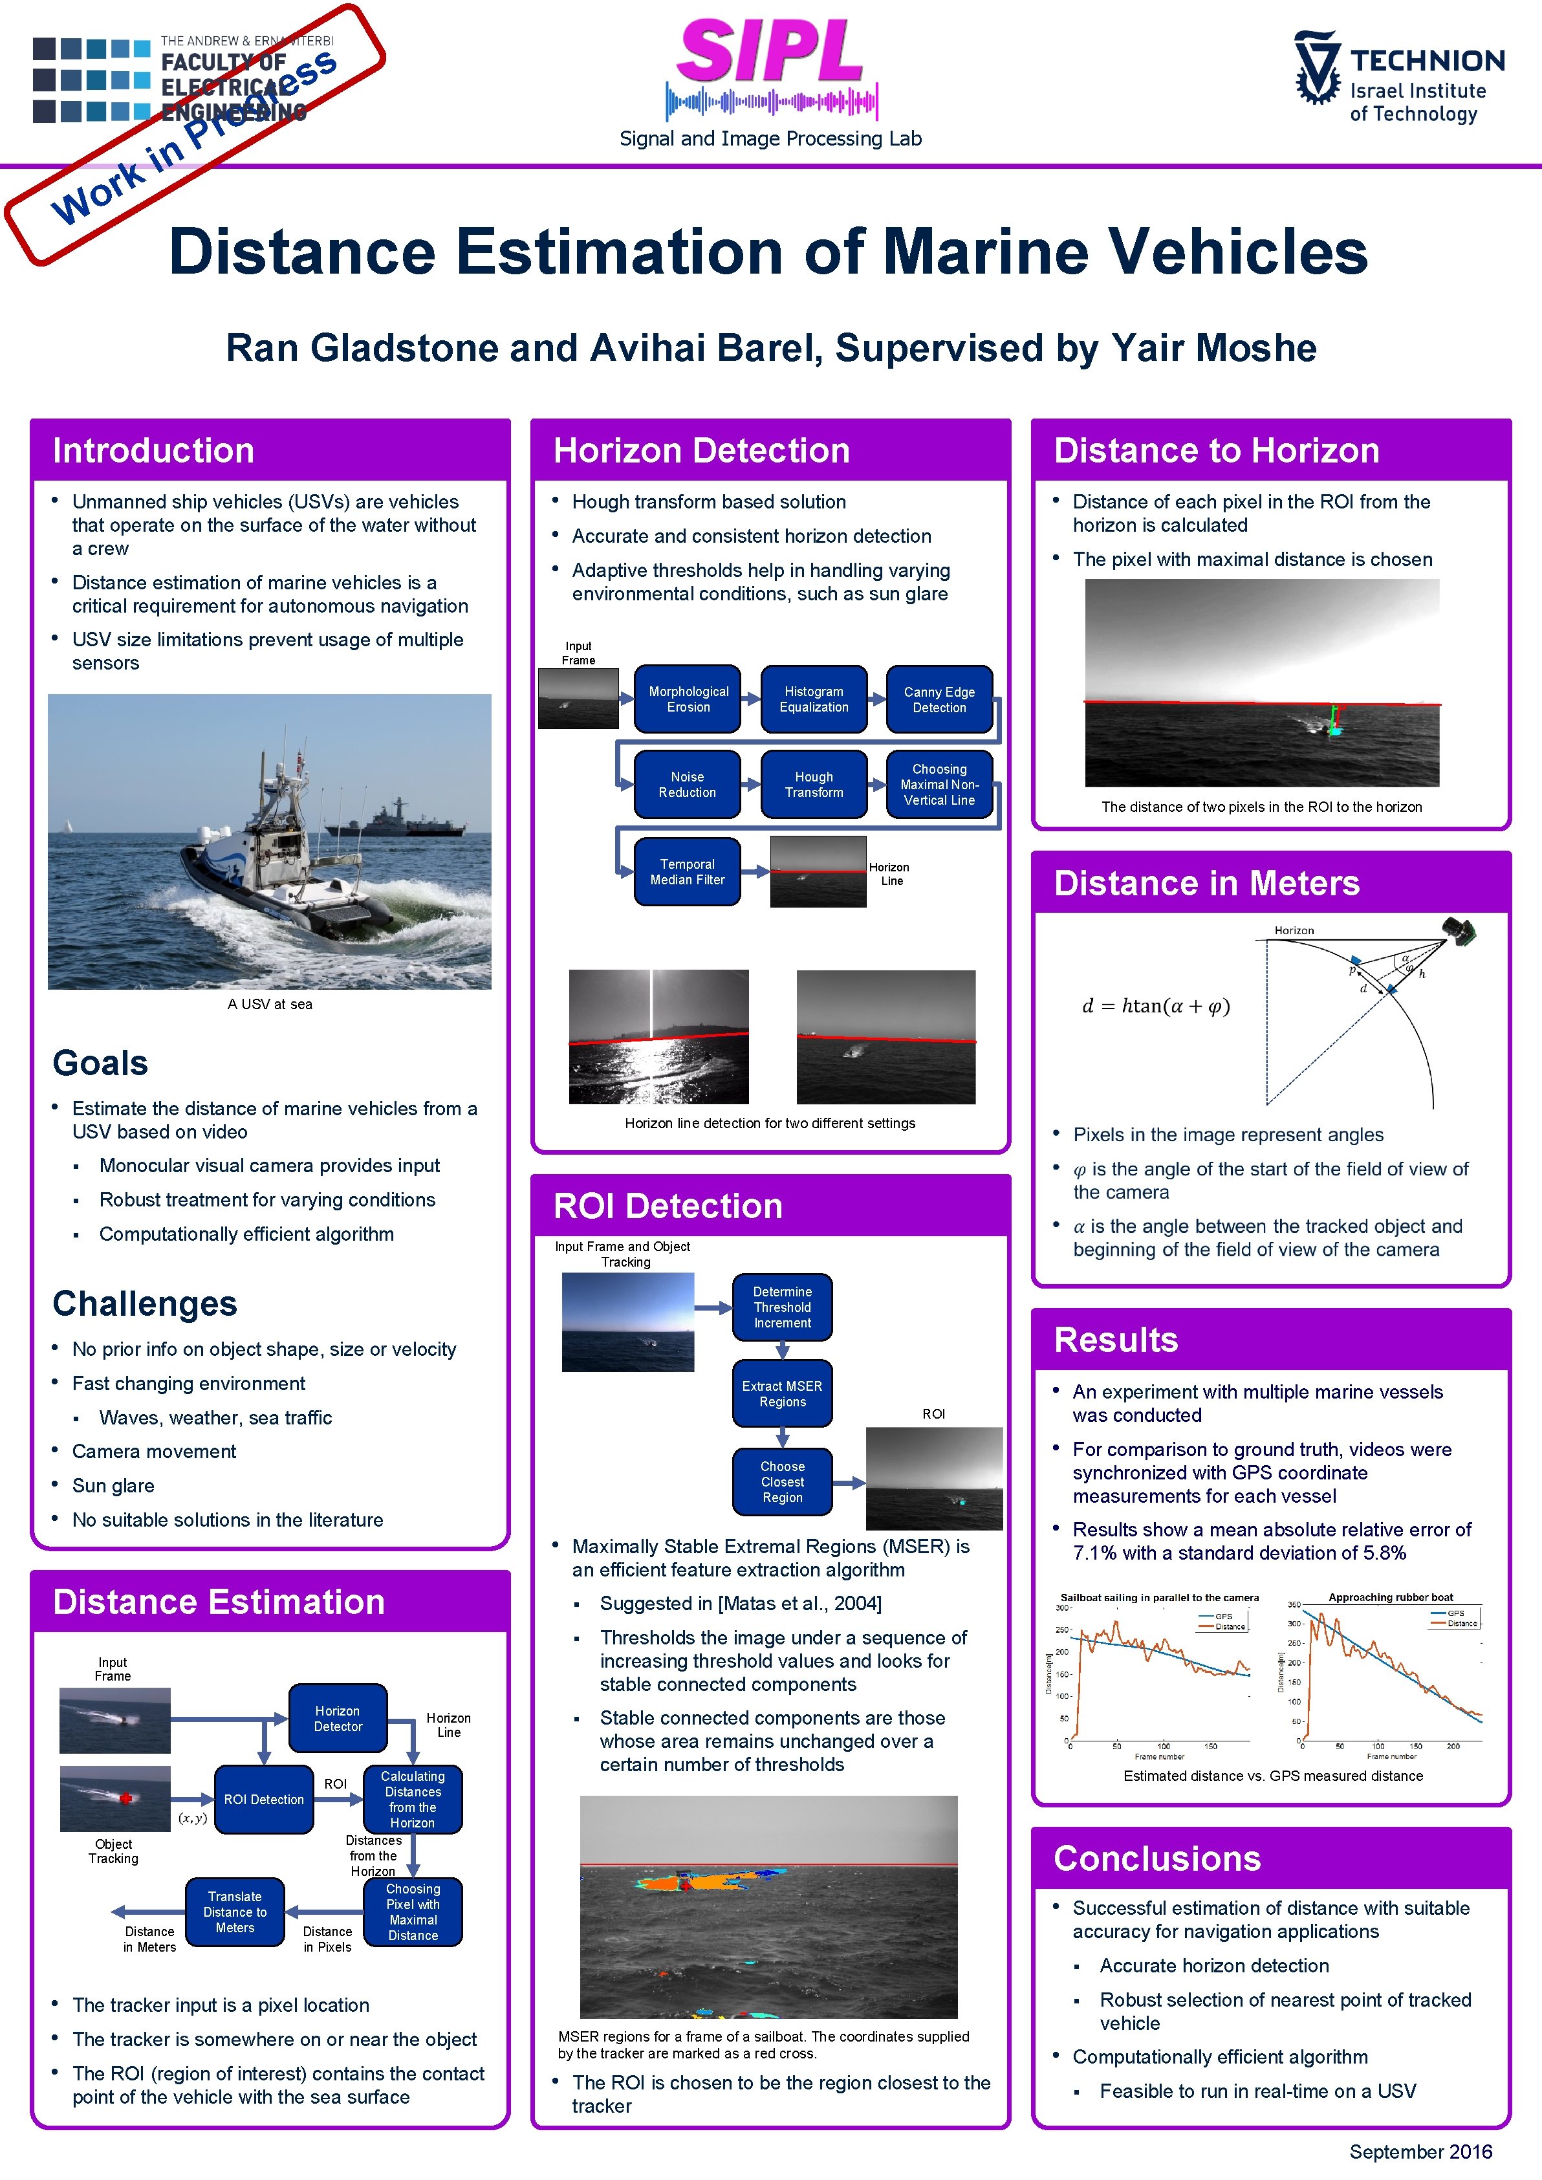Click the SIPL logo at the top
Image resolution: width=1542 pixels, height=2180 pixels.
tap(770, 53)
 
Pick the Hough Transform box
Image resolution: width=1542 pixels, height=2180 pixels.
tap(814, 784)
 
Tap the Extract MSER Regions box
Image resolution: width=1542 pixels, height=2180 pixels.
tap(783, 1394)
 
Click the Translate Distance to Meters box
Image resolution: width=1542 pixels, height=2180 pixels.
tap(235, 1912)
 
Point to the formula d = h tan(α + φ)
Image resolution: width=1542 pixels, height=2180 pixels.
tap(1156, 1005)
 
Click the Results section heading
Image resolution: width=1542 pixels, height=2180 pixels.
tap(1116, 1339)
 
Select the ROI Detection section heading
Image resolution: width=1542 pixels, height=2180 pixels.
tap(668, 1206)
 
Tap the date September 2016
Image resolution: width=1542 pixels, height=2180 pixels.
tap(1420, 2152)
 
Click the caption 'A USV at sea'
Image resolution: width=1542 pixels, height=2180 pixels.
tap(270, 1003)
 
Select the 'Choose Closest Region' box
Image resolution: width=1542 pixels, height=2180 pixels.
tap(783, 1481)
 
